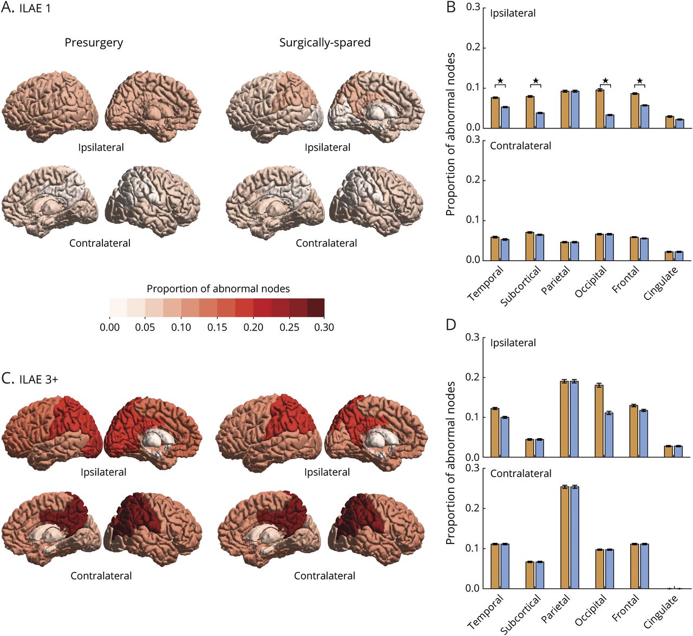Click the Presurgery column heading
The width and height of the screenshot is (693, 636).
(94, 42)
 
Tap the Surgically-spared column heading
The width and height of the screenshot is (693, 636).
(325, 42)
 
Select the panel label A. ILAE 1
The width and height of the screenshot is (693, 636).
(27, 9)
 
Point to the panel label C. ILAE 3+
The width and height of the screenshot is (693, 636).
(30, 379)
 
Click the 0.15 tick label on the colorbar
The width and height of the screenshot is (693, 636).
(217, 327)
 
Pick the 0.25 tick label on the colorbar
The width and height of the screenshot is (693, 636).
(289, 327)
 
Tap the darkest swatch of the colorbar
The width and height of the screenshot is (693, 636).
(316, 307)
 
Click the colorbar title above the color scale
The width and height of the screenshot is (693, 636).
(218, 289)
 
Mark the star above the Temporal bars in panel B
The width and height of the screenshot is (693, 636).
(500, 81)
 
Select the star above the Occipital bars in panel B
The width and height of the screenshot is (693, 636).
(605, 81)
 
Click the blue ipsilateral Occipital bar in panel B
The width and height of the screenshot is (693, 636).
(610, 121)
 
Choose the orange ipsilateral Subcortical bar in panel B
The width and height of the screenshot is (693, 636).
(530, 112)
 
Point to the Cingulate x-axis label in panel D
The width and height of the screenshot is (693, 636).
(661, 611)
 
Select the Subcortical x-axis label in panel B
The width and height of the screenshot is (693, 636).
(521, 286)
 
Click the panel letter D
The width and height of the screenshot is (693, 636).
(450, 325)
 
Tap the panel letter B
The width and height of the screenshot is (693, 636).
(450, 8)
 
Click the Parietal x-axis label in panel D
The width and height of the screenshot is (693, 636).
(556, 609)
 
